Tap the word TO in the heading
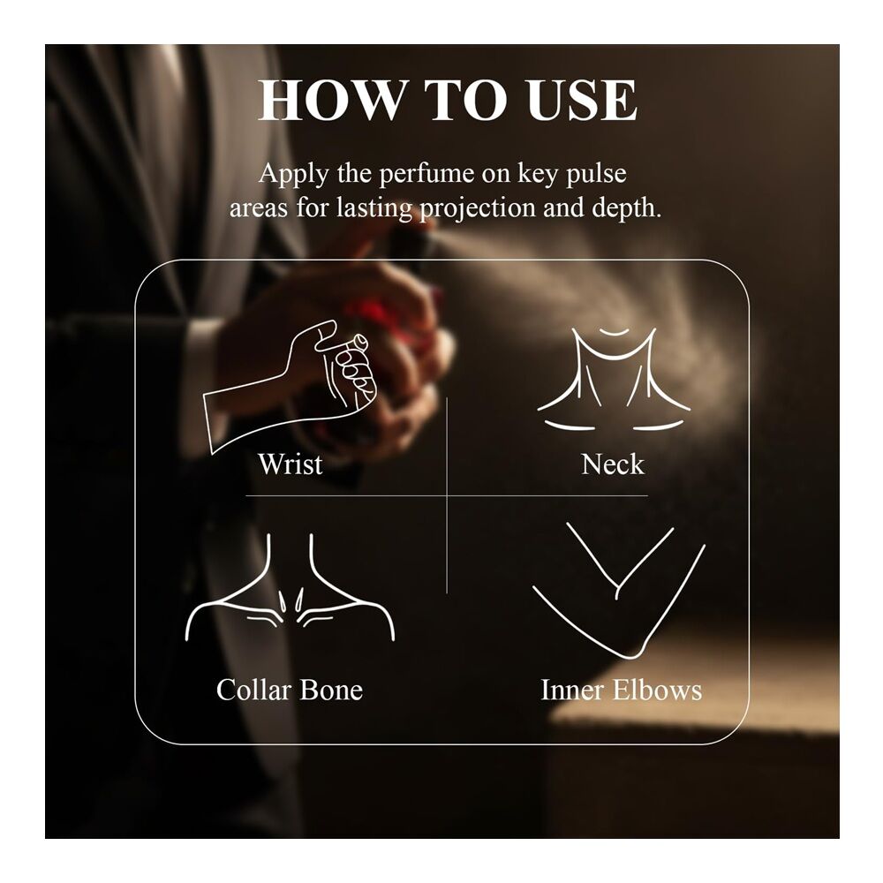pyautogui.click(x=465, y=101)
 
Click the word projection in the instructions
pyautogui.click(x=478, y=209)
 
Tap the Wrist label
pyautogui.click(x=291, y=464)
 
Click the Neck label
pyautogui.click(x=613, y=464)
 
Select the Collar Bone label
pyautogui.click(x=290, y=690)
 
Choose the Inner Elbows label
pyautogui.click(x=621, y=690)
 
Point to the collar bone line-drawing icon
pyautogui.click(x=290, y=588)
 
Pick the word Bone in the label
pyautogui.click(x=331, y=690)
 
